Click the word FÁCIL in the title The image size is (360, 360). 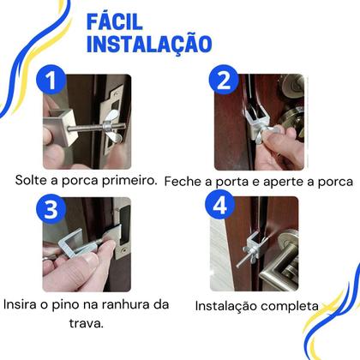126,20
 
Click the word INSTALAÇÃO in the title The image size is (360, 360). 150,43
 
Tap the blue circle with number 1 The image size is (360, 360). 54,82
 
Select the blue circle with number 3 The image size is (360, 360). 53,209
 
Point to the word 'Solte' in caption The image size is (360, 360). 33,182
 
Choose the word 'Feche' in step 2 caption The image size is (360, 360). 182,182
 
